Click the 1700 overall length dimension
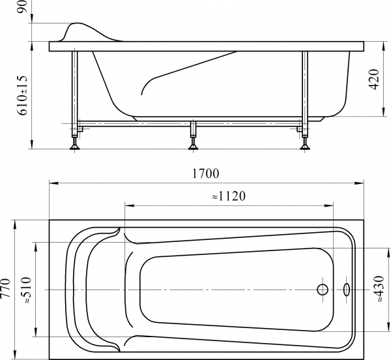[x=205, y=174]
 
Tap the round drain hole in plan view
[x=322, y=289]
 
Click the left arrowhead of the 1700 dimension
[x=52, y=183]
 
